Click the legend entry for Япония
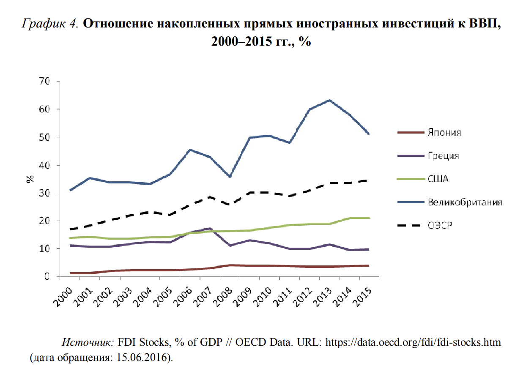444,132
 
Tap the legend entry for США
438,179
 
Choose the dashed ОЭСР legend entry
440,225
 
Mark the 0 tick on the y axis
47,276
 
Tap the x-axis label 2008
224,295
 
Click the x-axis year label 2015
364,295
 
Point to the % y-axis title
30,179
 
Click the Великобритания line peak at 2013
329,100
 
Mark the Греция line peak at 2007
210,229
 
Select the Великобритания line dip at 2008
230,177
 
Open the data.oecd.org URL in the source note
412,342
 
